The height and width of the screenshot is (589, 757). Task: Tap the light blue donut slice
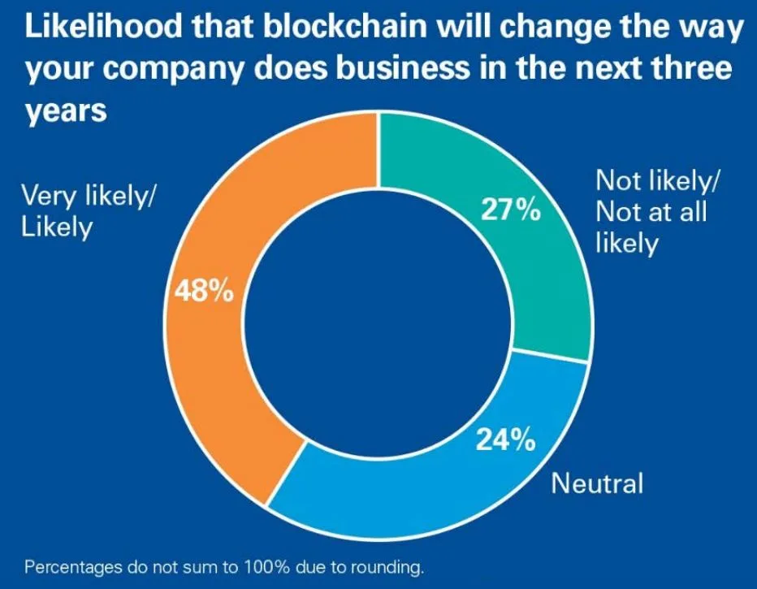[x=422, y=496]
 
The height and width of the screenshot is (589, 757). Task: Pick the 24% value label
[x=504, y=441]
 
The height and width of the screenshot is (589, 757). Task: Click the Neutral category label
[x=597, y=484]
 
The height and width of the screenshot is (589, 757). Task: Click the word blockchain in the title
[x=316, y=29]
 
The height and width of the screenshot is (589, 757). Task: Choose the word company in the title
[x=167, y=71]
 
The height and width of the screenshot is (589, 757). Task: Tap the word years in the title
[x=65, y=112]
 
